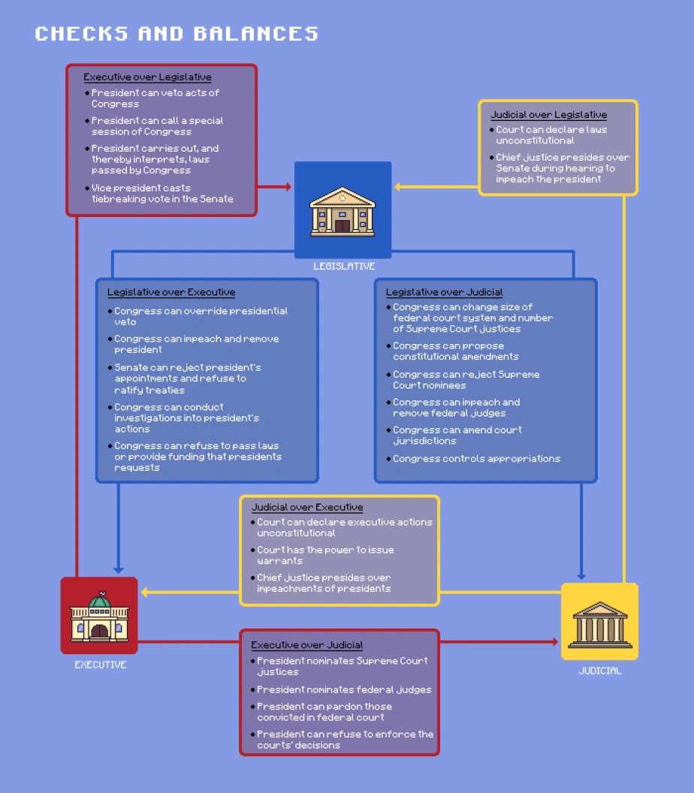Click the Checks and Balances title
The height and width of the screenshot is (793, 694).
point(177,34)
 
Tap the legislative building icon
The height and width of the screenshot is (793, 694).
point(342,210)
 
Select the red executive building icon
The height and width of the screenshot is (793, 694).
point(99,616)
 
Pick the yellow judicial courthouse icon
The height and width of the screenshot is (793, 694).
point(599,622)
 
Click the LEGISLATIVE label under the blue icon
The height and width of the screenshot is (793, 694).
point(344,266)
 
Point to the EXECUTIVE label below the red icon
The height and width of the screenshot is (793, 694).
point(100,665)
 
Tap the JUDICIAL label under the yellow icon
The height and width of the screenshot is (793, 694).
point(600,671)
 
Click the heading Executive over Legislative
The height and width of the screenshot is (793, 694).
point(147,77)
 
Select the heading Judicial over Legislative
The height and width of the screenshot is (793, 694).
point(548,115)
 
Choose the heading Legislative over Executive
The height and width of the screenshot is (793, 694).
point(171,292)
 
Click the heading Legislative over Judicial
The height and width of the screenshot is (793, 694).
point(444,292)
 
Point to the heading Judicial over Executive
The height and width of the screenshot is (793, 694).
point(306,507)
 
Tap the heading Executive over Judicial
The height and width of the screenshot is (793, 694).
point(306,644)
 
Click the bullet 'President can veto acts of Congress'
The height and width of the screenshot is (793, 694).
point(155,98)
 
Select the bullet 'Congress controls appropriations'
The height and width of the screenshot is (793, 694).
point(476,458)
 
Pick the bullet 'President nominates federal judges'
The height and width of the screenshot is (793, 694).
point(344,689)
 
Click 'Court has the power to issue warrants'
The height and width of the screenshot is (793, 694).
point(325,555)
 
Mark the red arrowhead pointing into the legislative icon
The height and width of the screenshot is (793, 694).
point(288,186)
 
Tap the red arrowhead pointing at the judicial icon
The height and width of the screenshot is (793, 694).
point(555,642)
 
